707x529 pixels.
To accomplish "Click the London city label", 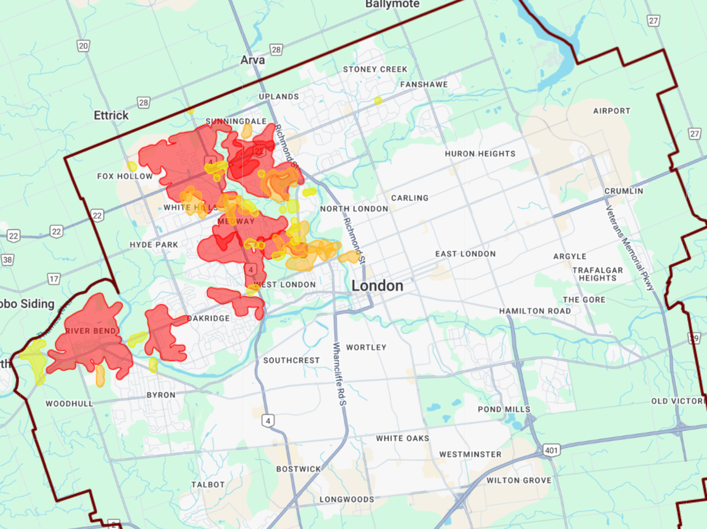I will click(x=377, y=286).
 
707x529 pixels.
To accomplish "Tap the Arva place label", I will click(x=253, y=60).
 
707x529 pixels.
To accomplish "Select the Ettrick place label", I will click(x=111, y=116).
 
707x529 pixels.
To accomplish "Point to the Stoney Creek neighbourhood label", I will click(x=375, y=69).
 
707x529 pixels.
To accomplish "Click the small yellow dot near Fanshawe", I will click(x=378, y=100).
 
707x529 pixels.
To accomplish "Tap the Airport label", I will click(x=612, y=111).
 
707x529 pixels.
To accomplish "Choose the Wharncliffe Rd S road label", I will click(x=339, y=375).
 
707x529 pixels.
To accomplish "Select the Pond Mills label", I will click(x=504, y=409).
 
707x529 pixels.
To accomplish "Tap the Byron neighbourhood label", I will click(x=161, y=395).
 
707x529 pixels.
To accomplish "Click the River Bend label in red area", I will click(x=86, y=331).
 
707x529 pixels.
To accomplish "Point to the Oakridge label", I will click(x=208, y=318).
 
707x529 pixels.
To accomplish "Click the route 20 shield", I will click(x=83, y=46).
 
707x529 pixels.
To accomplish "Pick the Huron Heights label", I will click(x=480, y=154).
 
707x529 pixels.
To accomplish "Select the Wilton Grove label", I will click(x=519, y=480).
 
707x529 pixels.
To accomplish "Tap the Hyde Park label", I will click(x=154, y=245).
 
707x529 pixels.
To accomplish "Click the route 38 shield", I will click(x=7, y=260).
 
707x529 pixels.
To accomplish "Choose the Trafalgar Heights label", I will click(x=597, y=274).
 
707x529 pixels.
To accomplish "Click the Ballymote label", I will click(x=392, y=4).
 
